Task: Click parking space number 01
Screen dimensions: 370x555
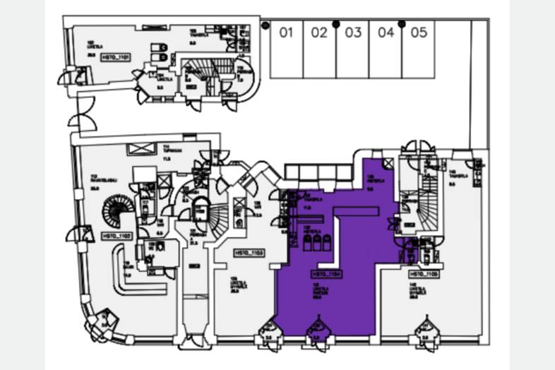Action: pos(286,32)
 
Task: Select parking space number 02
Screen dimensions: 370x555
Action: pos(320,32)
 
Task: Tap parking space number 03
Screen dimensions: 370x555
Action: pos(353,32)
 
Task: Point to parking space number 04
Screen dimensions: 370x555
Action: pos(386,32)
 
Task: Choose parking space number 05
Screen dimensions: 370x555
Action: pos(419,32)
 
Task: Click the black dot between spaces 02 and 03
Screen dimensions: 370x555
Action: pos(336,24)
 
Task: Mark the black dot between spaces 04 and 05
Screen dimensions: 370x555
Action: pos(402,24)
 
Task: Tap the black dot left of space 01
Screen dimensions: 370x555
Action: pos(265,25)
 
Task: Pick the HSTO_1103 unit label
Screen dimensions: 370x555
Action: pos(249,252)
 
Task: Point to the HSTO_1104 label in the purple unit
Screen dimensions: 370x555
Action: pos(326,273)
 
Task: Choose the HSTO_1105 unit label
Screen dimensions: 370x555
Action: pos(424,273)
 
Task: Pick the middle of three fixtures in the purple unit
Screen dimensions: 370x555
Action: pos(317,243)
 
